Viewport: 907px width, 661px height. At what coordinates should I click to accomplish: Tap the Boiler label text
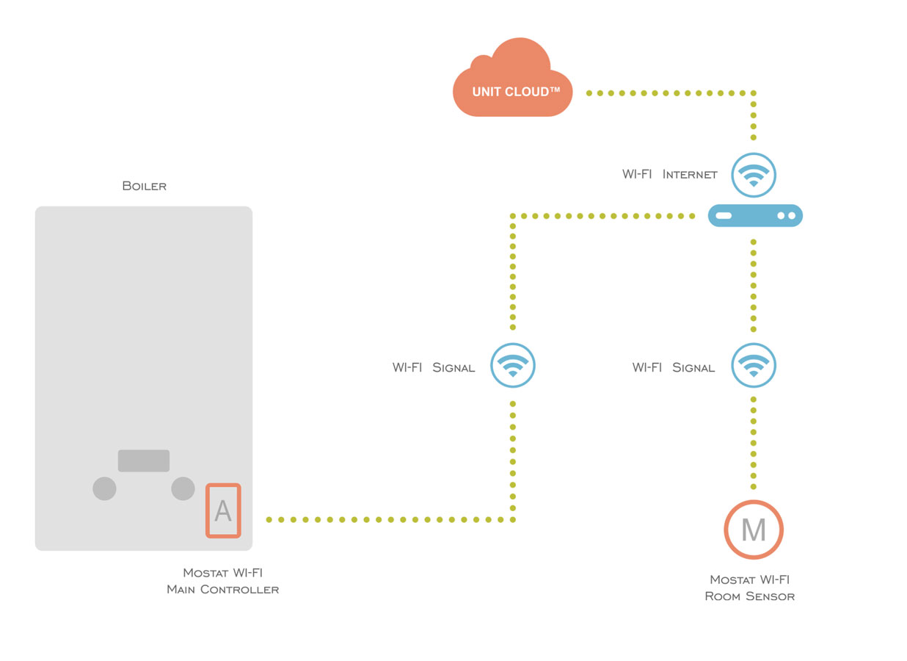(x=145, y=187)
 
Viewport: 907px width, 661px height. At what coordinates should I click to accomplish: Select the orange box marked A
(x=223, y=511)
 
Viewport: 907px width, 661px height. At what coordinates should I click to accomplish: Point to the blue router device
(x=755, y=216)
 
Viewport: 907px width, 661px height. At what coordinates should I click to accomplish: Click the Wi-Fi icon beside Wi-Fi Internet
(x=754, y=175)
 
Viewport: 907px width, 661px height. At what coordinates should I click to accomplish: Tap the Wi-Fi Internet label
(x=670, y=175)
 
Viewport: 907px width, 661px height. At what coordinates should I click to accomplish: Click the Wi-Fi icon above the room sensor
(x=754, y=366)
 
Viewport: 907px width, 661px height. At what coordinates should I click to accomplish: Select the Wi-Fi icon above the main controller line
(x=513, y=366)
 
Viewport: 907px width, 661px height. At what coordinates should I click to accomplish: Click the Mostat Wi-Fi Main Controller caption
(x=223, y=581)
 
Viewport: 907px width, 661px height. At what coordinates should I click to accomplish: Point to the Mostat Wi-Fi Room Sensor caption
(x=750, y=588)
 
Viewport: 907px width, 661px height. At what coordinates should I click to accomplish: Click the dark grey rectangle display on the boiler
(x=144, y=460)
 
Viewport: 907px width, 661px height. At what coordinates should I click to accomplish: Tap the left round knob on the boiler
(x=104, y=488)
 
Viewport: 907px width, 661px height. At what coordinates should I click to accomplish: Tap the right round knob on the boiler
(x=183, y=488)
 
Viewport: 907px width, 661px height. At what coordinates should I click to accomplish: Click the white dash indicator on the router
(x=724, y=216)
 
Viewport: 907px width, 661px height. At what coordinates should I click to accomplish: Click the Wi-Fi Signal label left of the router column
(x=674, y=367)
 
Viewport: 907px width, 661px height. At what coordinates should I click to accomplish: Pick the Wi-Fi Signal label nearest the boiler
(x=434, y=367)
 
